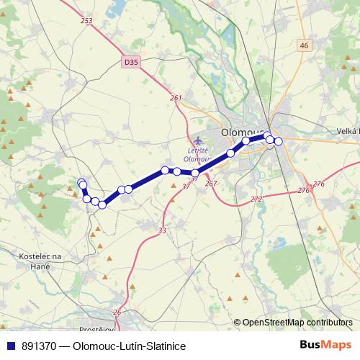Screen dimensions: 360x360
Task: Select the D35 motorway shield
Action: pyautogui.click(x=130, y=63)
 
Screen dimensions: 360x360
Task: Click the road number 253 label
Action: pyautogui.click(x=87, y=21)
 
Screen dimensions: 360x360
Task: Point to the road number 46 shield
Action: pyautogui.click(x=303, y=45)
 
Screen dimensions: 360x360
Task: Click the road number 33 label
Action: pyautogui.click(x=162, y=230)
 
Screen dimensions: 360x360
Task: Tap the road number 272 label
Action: pyautogui.click(x=256, y=199)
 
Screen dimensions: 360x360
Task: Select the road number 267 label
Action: pyautogui.click(x=211, y=184)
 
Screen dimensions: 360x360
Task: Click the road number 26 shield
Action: pyautogui.click(x=117, y=313)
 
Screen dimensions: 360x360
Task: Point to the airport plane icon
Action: pyautogui.click(x=199, y=139)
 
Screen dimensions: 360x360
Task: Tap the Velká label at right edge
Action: pyautogui.click(x=347, y=130)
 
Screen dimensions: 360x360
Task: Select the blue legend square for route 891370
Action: pyautogui.click(x=11, y=346)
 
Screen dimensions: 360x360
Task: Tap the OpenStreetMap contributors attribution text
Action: pyautogui.click(x=297, y=323)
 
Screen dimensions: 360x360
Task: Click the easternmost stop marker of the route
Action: pyautogui.click(x=278, y=141)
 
